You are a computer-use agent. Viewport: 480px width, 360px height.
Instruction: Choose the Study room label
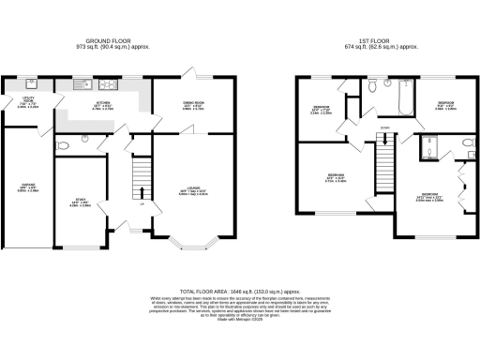tap(81, 201)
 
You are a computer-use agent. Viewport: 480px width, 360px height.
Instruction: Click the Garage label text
tap(29, 187)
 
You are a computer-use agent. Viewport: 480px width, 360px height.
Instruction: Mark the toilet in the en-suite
tap(466, 143)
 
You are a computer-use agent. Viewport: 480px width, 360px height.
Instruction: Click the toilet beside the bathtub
tap(373, 85)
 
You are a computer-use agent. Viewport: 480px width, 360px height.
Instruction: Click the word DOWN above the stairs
tap(384, 128)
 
